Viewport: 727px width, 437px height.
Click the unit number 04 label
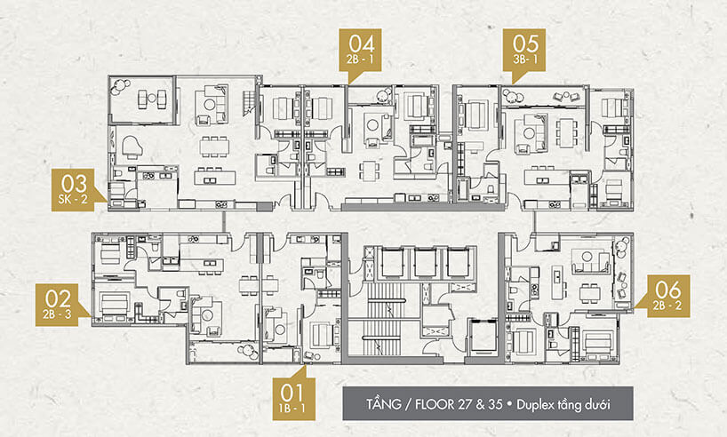[362, 44]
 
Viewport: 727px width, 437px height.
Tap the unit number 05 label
[526, 44]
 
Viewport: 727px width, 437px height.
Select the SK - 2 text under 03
[73, 200]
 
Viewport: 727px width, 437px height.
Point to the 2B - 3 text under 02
[58, 314]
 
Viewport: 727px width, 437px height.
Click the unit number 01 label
[292, 393]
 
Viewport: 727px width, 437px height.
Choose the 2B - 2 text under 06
[667, 306]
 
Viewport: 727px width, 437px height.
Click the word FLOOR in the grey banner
[428, 404]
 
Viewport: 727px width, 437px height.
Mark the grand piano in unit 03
[131, 147]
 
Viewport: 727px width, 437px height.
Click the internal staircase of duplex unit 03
[249, 102]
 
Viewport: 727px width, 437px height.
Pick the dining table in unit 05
[566, 133]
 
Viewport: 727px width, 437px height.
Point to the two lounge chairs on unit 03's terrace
[152, 99]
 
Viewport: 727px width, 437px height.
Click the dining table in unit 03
[214, 147]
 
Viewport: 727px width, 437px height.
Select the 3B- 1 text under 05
[526, 60]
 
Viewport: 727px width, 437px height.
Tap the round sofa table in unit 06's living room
[587, 257]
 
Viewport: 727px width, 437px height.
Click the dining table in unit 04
[370, 171]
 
